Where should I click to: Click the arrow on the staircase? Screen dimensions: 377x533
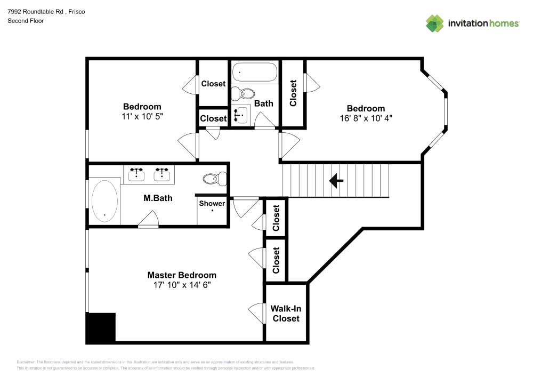point(336,181)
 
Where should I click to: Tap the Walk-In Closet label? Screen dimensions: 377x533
point(286,314)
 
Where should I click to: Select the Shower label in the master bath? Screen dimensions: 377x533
point(212,203)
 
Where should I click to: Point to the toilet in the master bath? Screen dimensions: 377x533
point(215,179)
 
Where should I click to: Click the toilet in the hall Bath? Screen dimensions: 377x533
point(246,94)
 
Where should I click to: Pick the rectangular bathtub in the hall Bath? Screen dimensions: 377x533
point(255,73)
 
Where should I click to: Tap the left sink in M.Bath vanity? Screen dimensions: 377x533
point(137,174)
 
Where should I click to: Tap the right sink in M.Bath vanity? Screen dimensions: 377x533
point(161,174)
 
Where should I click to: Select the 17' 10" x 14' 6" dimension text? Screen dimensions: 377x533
point(182,285)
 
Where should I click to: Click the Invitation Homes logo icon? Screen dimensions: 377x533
point(434,23)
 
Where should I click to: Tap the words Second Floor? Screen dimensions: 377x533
point(26,21)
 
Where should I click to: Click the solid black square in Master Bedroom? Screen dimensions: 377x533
point(101,327)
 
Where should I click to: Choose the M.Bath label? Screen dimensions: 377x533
point(158,198)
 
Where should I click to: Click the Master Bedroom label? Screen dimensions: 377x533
point(182,275)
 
